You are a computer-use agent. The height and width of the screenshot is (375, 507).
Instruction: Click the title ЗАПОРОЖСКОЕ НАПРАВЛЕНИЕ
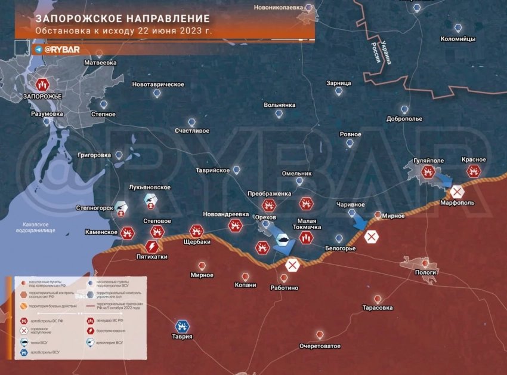122,18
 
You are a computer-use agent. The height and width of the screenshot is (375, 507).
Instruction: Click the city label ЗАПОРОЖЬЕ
42,96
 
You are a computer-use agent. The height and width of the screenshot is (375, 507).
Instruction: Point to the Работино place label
284,288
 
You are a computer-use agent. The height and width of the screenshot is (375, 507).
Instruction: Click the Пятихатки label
152,257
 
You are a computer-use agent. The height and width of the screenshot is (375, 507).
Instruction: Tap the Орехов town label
265,217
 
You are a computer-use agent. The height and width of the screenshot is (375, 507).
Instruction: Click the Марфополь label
457,203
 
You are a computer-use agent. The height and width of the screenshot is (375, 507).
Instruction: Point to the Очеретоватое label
320,346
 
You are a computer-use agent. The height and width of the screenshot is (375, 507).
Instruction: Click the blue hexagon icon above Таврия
183,326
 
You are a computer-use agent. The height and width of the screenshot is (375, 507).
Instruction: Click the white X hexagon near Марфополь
457,192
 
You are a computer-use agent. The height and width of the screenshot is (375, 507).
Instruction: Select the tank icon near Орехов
282,240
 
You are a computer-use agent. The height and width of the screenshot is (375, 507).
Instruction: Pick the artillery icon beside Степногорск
121,208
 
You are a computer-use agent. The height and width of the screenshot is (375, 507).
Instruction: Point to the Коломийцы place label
457,39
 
